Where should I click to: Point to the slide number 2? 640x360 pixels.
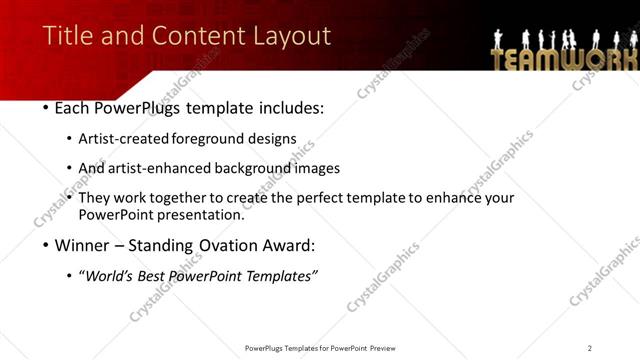pos(590,348)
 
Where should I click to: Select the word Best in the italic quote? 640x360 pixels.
pos(153,275)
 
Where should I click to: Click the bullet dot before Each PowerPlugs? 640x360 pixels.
pos(46,107)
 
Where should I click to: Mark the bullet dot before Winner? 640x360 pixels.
pos(46,244)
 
